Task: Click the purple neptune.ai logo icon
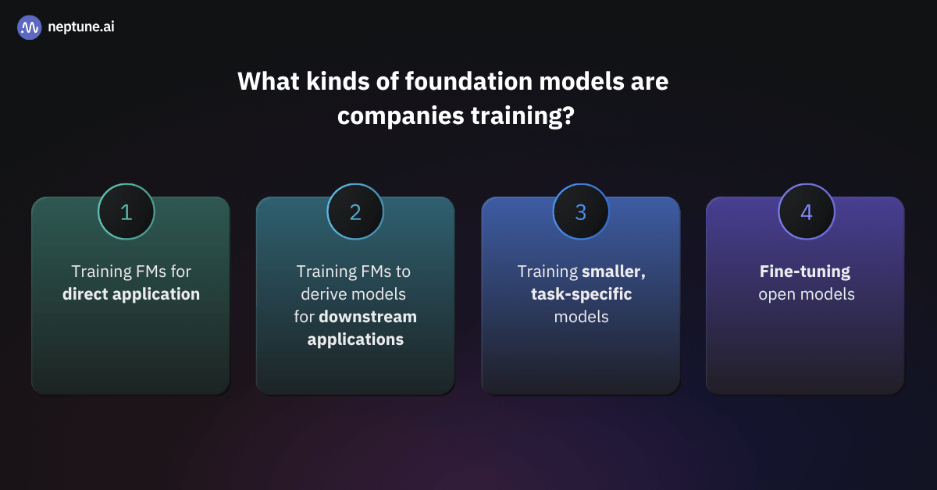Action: click(29, 27)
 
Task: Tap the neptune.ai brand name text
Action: click(81, 27)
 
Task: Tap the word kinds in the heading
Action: click(338, 82)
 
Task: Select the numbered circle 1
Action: click(126, 212)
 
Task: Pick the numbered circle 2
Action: click(355, 212)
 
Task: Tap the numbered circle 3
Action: click(580, 212)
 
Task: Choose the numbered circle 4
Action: click(806, 212)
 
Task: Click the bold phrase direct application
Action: click(131, 294)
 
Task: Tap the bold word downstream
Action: click(368, 317)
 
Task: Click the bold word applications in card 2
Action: click(355, 339)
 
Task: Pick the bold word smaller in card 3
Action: click(612, 272)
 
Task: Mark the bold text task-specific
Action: click(580, 294)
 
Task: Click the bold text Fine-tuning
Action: click(805, 272)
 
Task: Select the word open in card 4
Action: click(775, 294)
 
